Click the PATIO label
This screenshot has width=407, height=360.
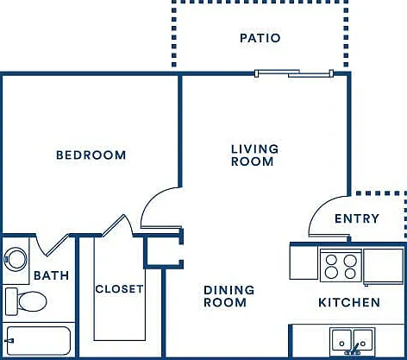point(260,38)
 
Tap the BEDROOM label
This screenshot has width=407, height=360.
point(91,155)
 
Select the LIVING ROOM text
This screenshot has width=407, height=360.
point(254,155)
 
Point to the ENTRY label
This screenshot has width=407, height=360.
point(357,218)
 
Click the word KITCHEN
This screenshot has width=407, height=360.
point(349,302)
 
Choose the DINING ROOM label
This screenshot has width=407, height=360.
point(229,296)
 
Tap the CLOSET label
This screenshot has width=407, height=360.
point(119,289)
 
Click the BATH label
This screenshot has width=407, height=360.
point(52,275)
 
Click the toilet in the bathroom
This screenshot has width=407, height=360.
point(26,301)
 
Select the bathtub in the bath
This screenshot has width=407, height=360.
point(39,341)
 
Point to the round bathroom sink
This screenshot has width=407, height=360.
point(16,259)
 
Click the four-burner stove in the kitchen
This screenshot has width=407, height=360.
point(341,265)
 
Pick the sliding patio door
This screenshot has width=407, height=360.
point(294,73)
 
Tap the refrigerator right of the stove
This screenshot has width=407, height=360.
point(383,266)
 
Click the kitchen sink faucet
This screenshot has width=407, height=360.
point(354,349)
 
